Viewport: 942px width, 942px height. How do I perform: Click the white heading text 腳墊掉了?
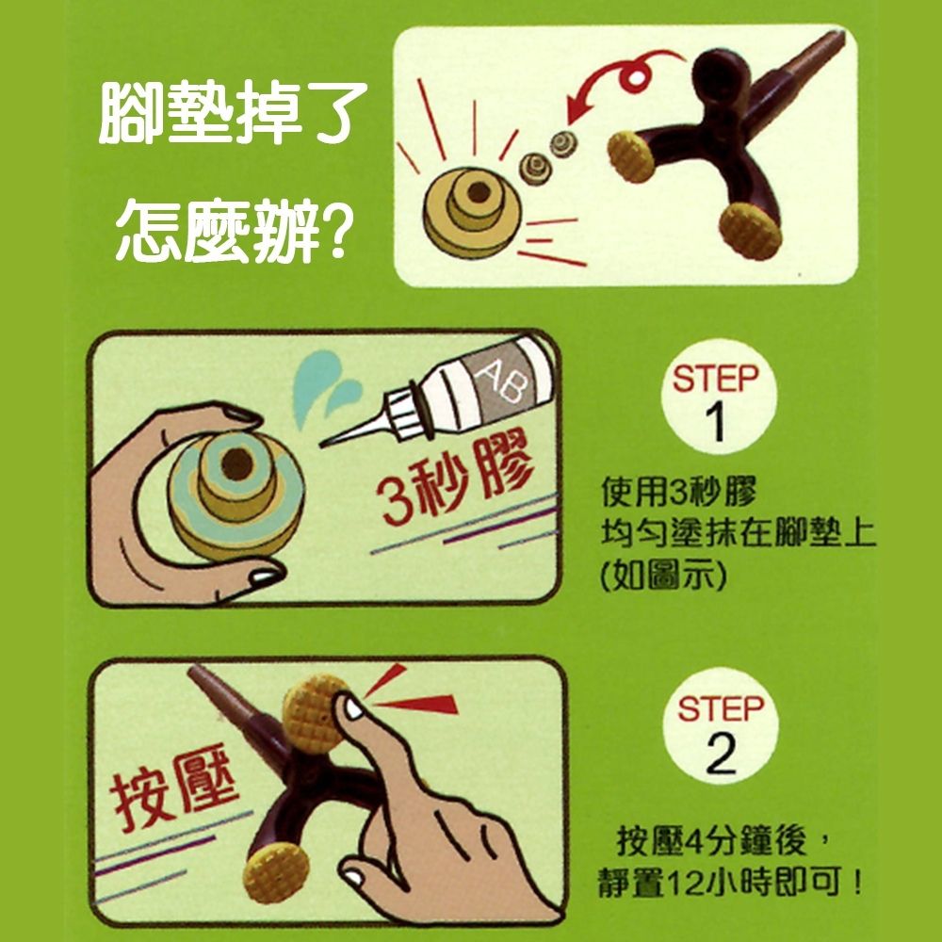(233, 112)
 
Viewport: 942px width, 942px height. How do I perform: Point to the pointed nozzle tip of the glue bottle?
(322, 445)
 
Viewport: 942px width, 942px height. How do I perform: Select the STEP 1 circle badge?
(719, 398)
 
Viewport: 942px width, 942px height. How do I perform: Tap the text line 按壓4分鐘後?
(723, 841)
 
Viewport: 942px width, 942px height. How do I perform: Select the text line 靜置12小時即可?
(731, 883)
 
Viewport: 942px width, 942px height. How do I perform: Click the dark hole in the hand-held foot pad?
(237, 464)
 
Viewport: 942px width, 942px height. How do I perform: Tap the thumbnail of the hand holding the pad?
(265, 577)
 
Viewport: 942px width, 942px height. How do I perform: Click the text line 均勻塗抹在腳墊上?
(739, 534)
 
